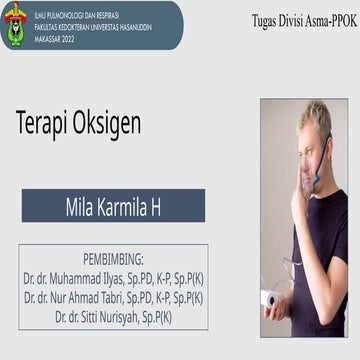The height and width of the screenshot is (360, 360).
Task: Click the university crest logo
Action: (x=16, y=24)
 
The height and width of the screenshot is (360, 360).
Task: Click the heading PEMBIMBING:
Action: (x=112, y=258)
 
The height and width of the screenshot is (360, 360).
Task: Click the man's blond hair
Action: (x=317, y=118)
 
